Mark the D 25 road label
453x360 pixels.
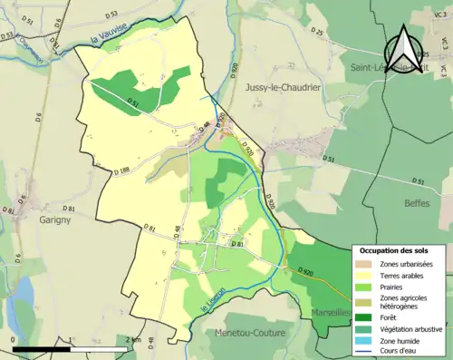coord(316,33)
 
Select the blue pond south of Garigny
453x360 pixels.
coord(23,299)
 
